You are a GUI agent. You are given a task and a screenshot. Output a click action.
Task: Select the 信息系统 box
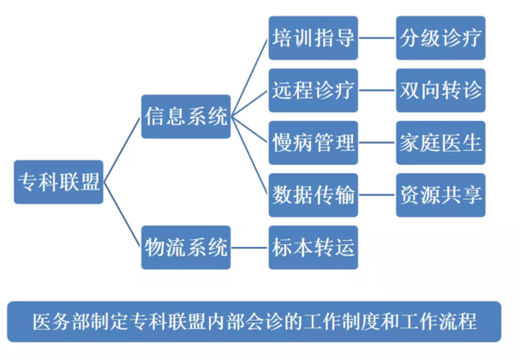coord(186,117)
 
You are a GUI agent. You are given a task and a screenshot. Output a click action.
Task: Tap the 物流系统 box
coord(186,249)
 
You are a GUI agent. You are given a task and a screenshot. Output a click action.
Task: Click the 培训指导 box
coord(313,38)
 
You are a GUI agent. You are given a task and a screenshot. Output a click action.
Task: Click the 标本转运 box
coord(313,249)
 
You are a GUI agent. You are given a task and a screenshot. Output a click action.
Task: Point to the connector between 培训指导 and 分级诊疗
coord(376,38)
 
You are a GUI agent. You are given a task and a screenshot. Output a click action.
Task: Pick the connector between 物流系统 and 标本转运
coord(249,249)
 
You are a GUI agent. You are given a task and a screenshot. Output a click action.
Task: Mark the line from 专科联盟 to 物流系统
coord(123,216)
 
